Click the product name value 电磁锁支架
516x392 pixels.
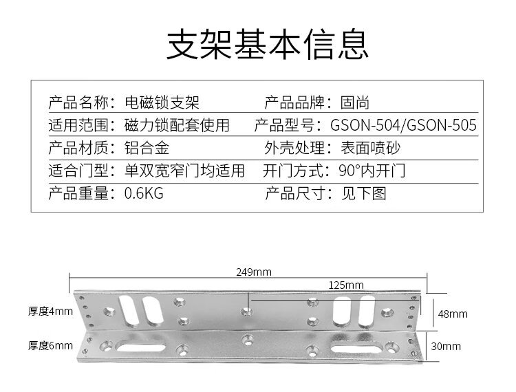click(x=162, y=103)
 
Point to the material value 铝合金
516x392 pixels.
click(x=147, y=147)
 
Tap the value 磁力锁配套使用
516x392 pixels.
click(x=177, y=125)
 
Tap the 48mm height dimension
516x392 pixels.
click(x=449, y=314)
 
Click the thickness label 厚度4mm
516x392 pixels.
click(x=50, y=311)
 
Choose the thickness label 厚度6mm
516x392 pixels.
click(x=50, y=346)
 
